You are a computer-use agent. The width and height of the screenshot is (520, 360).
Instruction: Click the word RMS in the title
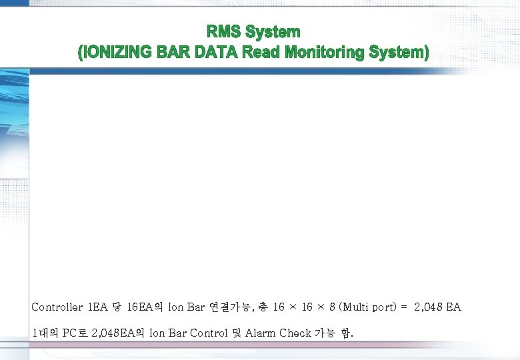[223, 31]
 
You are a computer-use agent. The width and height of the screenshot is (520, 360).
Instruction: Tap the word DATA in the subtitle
[215, 52]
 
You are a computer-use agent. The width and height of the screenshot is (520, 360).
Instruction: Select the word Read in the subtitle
[261, 52]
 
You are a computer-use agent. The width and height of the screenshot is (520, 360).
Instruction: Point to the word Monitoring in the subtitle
[325, 52]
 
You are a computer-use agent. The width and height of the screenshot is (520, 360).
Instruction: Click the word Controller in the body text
[57, 307]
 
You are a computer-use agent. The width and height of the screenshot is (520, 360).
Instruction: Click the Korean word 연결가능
[233, 307]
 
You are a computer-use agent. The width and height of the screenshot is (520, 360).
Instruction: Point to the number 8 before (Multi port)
[332, 307]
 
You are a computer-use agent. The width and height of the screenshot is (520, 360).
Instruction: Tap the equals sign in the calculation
[404, 307]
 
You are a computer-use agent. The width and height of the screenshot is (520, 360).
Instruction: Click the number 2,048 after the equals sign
[429, 307]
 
